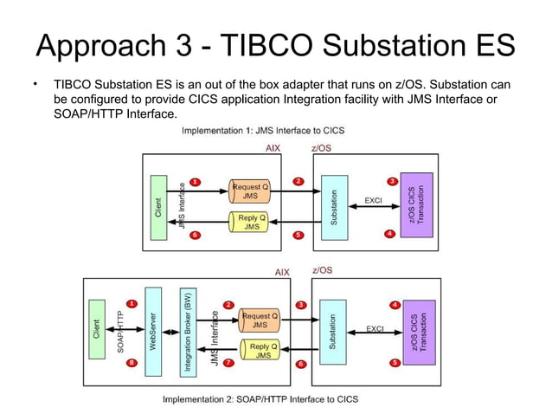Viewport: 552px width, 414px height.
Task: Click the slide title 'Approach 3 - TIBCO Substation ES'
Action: click(275, 45)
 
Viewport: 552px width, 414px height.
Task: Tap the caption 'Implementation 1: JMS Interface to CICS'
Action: click(262, 131)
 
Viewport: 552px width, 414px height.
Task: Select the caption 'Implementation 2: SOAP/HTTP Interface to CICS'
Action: click(261, 399)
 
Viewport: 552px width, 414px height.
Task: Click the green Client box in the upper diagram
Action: click(157, 208)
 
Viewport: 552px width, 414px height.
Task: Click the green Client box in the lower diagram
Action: click(96, 330)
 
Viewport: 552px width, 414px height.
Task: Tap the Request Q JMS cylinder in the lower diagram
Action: click(259, 320)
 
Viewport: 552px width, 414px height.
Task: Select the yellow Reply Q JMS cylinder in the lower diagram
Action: click(260, 351)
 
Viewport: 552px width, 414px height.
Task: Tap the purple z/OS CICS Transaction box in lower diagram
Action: click(420, 332)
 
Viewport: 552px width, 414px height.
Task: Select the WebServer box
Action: click(153, 331)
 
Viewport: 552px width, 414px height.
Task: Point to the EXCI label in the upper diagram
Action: click(373, 201)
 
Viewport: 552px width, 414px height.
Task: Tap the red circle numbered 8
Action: click(132, 363)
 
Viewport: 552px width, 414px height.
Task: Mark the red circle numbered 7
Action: click(228, 363)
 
